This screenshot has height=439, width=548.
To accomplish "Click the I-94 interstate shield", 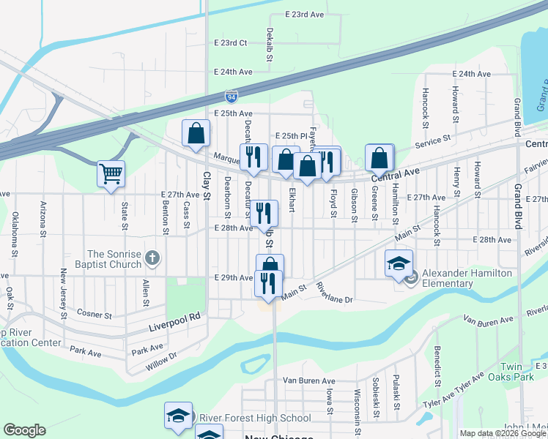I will coord(231,96).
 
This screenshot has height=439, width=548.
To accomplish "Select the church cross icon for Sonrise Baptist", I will coord(152,258).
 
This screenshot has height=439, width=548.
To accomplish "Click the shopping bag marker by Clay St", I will coord(196,134).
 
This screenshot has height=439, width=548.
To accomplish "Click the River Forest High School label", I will coord(254,419).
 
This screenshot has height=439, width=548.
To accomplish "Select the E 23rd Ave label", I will coord(304,15).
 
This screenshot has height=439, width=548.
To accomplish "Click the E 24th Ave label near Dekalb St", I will coord(233,72).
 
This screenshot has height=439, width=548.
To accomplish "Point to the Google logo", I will coord(24,430).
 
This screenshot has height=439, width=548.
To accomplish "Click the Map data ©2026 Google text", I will coord(503,433).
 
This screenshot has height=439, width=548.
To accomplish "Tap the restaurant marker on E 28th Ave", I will coord(264,213).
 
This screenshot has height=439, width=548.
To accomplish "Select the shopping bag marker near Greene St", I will coord(379,157).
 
